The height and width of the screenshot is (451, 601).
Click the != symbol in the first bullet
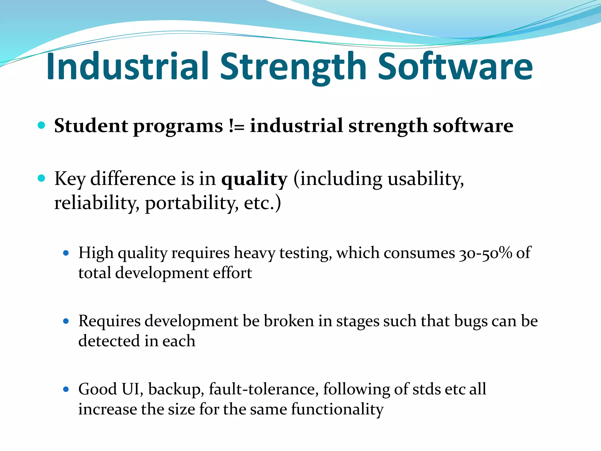[237, 126]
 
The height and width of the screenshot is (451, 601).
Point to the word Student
[91, 126]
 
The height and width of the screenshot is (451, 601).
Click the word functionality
[337, 409]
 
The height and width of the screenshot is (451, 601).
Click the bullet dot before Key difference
[42, 178]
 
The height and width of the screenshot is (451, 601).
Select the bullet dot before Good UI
[66, 389]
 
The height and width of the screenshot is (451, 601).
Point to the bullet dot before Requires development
[66, 321]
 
